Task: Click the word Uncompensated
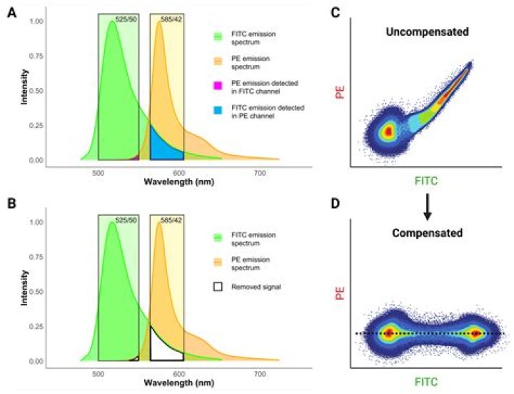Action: tap(427, 33)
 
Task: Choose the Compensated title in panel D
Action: tap(427, 233)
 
